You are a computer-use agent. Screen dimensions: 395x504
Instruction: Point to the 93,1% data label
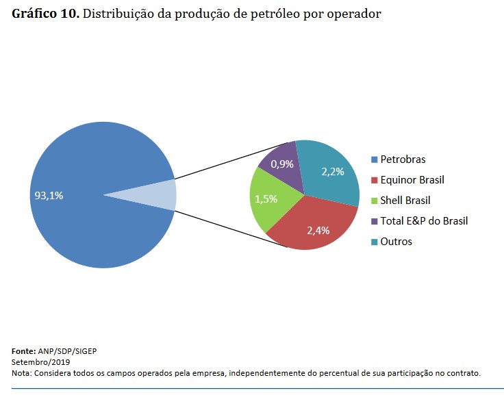[49, 196]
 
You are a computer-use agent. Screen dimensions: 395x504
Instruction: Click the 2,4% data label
[318, 231]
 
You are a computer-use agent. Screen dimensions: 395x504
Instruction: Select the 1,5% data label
[266, 199]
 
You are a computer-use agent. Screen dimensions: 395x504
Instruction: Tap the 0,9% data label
[282, 164]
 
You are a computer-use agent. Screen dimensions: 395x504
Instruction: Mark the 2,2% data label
[332, 171]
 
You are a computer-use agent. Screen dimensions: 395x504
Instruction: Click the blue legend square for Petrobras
[374, 160]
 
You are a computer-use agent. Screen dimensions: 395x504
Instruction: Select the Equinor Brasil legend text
[412, 180]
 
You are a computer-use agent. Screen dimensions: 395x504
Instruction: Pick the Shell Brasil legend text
[405, 201]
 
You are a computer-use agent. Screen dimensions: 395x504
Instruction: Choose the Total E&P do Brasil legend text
[424, 221]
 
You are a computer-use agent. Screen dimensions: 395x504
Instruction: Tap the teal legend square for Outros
[374, 242]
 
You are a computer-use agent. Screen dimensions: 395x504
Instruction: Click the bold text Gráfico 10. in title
[45, 14]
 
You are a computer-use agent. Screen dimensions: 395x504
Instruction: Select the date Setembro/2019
[41, 361]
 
